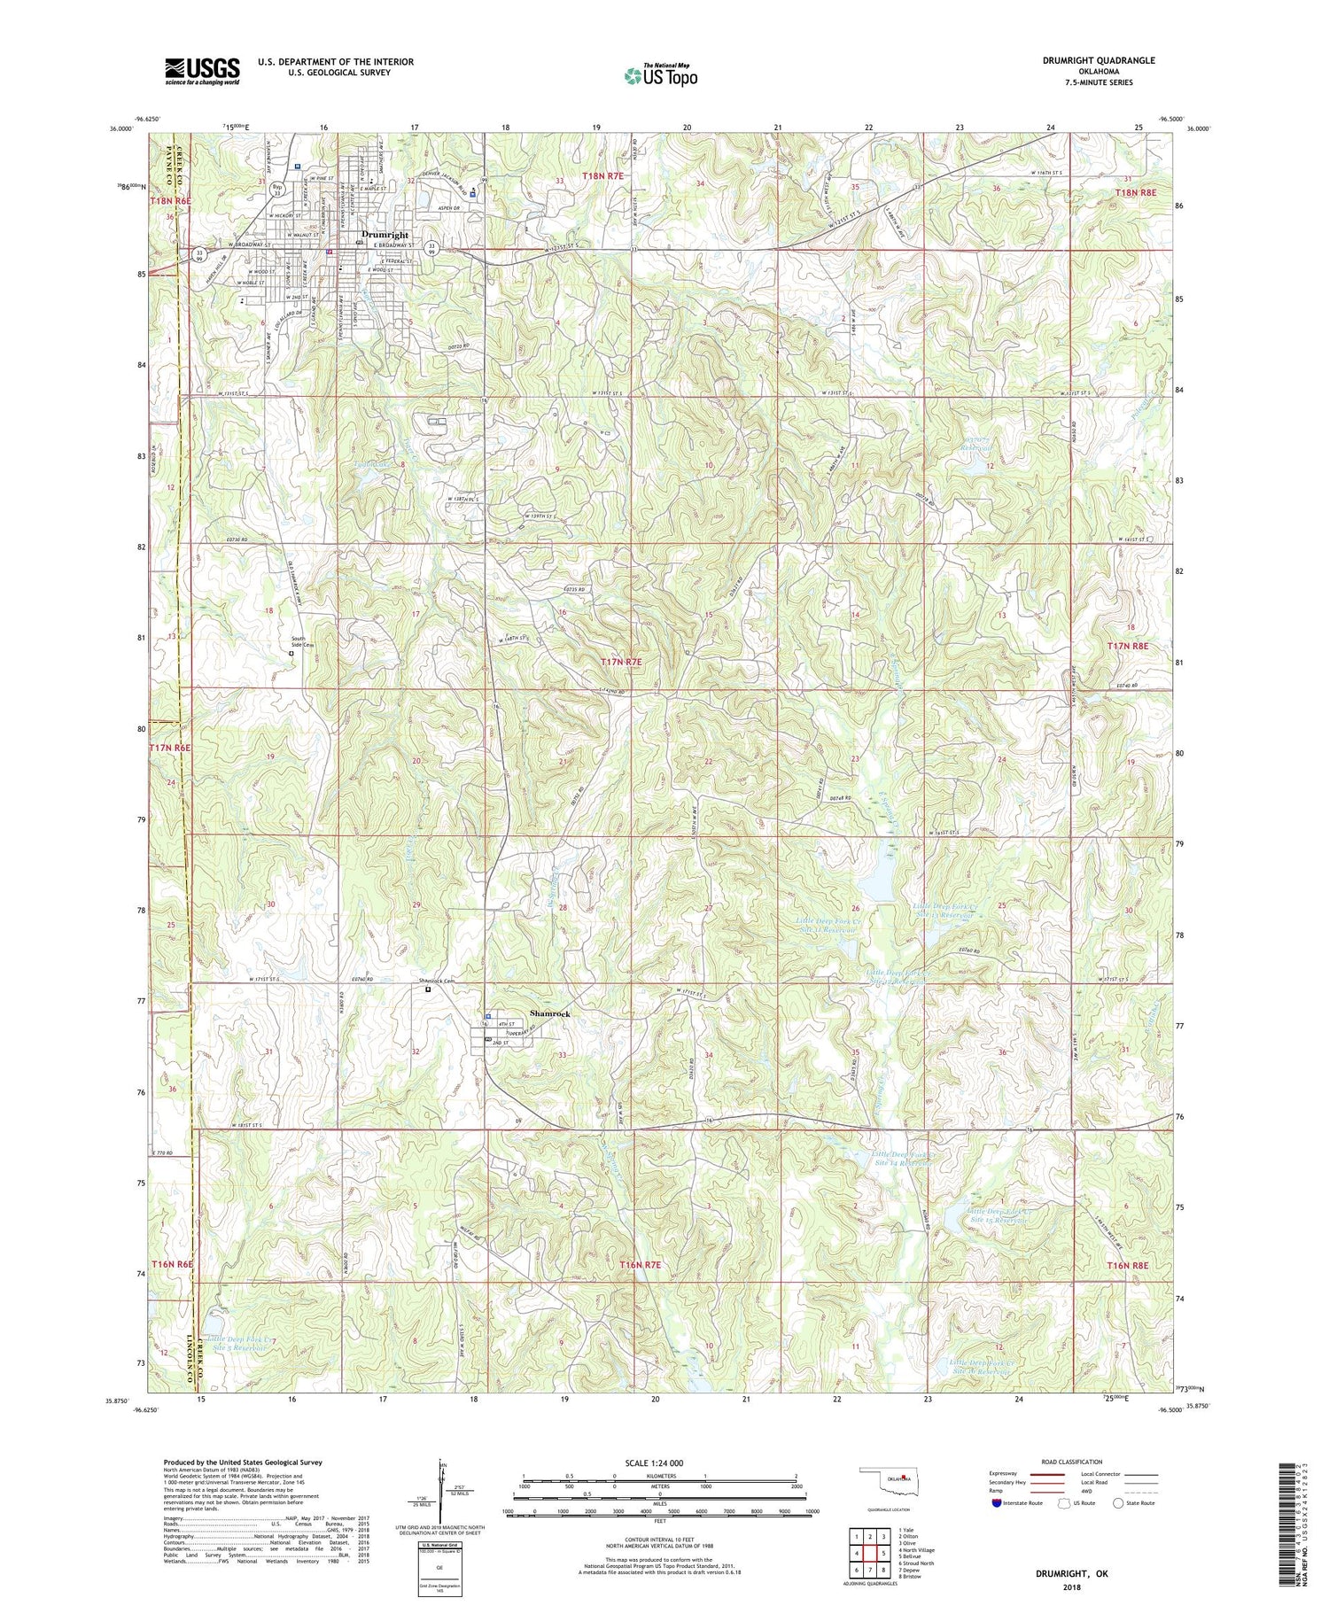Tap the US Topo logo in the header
pyautogui.click(x=659, y=75)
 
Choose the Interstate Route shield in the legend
pyautogui.click(x=998, y=1502)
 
